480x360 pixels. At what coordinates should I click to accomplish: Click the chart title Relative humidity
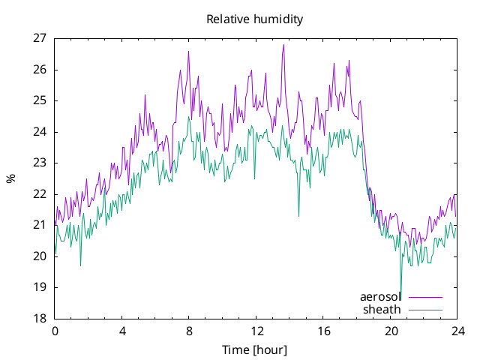click(255, 19)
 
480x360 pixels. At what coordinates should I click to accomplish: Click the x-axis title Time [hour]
click(255, 350)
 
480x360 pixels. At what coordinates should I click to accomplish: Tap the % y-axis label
click(10, 178)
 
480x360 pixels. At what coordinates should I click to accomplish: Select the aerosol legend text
click(380, 297)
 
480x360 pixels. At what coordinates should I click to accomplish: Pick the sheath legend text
click(382, 310)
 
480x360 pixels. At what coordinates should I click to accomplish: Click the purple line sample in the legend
click(425, 297)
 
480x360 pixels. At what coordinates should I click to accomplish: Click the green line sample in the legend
click(425, 310)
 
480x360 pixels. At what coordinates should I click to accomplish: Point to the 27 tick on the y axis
click(40, 38)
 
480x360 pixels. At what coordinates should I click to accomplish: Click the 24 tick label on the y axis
click(40, 132)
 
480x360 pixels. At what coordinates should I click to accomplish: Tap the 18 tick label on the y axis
click(40, 318)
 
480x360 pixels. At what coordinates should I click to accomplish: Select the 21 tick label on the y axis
click(40, 225)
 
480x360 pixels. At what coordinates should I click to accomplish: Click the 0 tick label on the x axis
click(55, 331)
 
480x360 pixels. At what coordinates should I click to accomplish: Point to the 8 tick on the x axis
click(189, 331)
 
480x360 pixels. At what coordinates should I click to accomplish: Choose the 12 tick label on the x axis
click(256, 331)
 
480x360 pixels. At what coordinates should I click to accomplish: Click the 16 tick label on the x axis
click(323, 331)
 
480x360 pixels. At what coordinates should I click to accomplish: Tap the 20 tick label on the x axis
click(391, 331)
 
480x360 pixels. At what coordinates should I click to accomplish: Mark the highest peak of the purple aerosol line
click(283, 45)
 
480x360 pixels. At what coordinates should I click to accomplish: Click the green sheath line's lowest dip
click(400, 299)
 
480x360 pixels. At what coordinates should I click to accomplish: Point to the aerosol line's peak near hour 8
click(188, 52)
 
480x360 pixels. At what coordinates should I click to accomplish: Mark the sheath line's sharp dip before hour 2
click(80, 265)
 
